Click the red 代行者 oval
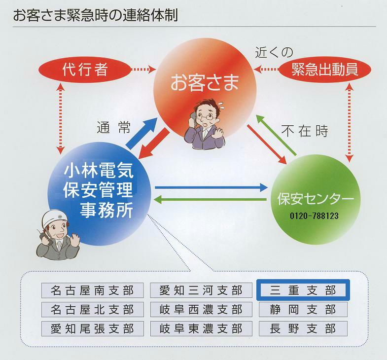(x=85, y=70)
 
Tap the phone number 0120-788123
(x=314, y=216)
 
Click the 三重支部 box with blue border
(x=303, y=290)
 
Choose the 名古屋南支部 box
(x=93, y=290)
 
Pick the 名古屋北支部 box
(x=93, y=309)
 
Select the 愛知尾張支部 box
(x=93, y=328)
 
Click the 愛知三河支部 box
(x=201, y=290)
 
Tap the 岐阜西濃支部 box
(x=201, y=309)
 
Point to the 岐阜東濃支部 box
(x=201, y=328)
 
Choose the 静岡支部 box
(x=303, y=309)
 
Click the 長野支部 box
(x=303, y=328)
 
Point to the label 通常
(x=113, y=128)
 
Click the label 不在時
(x=305, y=131)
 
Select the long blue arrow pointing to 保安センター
(x=211, y=188)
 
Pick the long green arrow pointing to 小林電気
(x=210, y=200)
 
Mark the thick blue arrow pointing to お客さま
(x=142, y=134)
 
